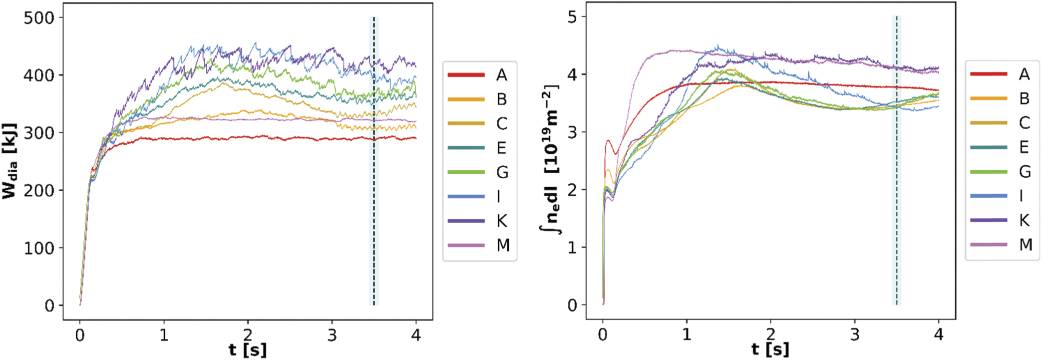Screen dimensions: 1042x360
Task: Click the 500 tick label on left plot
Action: [39, 18]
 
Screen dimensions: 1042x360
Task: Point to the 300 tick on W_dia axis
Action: [39, 133]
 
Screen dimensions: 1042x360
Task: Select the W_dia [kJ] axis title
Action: [10, 161]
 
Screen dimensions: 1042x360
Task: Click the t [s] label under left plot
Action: [248, 349]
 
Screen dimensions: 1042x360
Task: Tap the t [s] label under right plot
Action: [770, 349]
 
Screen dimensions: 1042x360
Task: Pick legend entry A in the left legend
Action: [502, 75]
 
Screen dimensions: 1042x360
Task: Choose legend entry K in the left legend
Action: [502, 221]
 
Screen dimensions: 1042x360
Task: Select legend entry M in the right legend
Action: [1026, 245]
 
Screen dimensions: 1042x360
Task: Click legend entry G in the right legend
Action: [1025, 172]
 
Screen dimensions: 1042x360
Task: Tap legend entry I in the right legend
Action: [1021, 196]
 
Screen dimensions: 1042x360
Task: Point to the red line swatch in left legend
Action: [466, 75]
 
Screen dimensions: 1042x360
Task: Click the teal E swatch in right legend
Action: [989, 147]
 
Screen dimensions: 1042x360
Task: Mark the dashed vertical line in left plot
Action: [374, 161]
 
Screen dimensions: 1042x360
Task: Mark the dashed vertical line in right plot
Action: [897, 160]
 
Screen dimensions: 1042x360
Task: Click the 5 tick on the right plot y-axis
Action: [572, 17]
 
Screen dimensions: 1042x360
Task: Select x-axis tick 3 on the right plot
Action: [855, 335]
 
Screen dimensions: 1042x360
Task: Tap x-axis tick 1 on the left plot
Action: [164, 335]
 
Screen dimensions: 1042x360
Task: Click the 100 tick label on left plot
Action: [39, 248]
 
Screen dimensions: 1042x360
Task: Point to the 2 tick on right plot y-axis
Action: [572, 190]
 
